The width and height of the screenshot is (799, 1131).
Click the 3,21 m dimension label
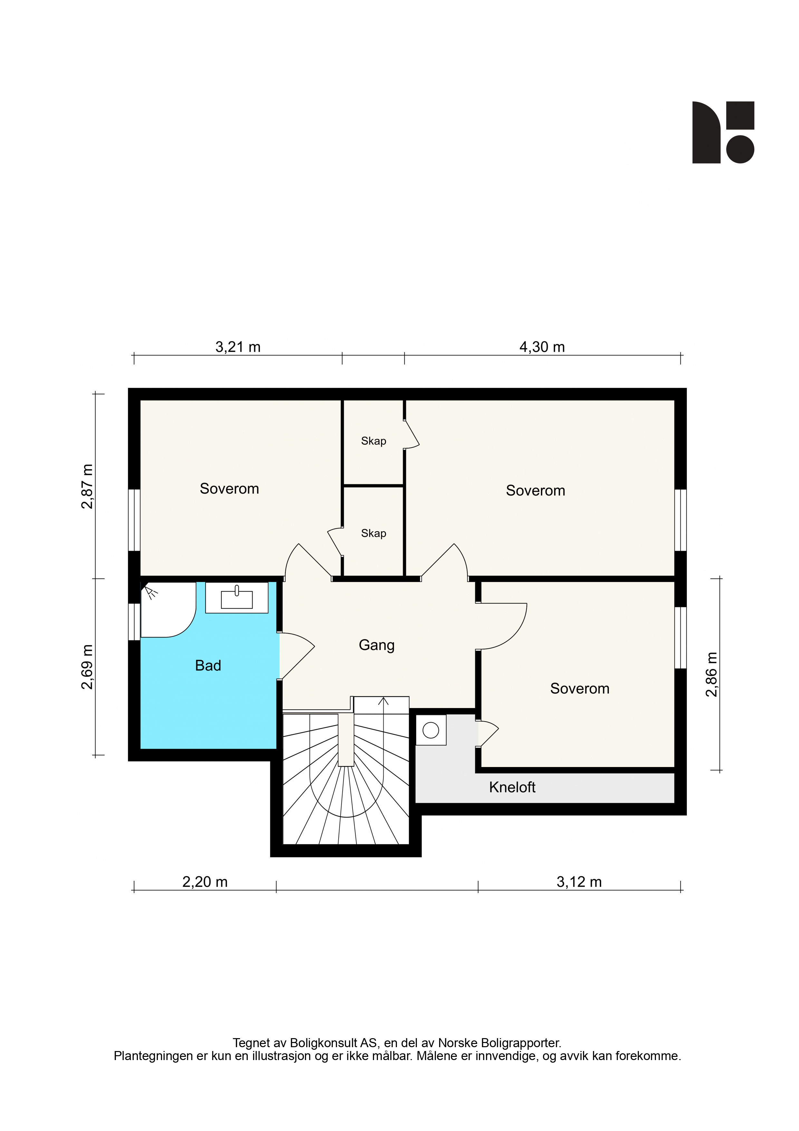click(x=238, y=347)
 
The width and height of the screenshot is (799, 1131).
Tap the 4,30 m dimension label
click(x=542, y=347)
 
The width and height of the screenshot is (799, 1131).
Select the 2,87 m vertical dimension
click(x=87, y=486)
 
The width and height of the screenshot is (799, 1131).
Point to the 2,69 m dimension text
click(x=87, y=667)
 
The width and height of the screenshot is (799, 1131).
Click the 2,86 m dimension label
click(x=712, y=674)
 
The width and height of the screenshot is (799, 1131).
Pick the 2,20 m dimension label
click(x=205, y=882)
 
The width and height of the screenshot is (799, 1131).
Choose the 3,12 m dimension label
click(x=579, y=882)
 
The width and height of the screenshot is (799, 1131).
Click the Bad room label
click(x=208, y=665)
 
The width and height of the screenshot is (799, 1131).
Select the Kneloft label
click(x=512, y=787)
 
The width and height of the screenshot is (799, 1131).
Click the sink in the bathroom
click(x=237, y=597)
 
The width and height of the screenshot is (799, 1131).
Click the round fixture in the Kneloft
click(x=431, y=730)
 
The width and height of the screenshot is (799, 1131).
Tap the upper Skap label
click(x=374, y=441)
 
